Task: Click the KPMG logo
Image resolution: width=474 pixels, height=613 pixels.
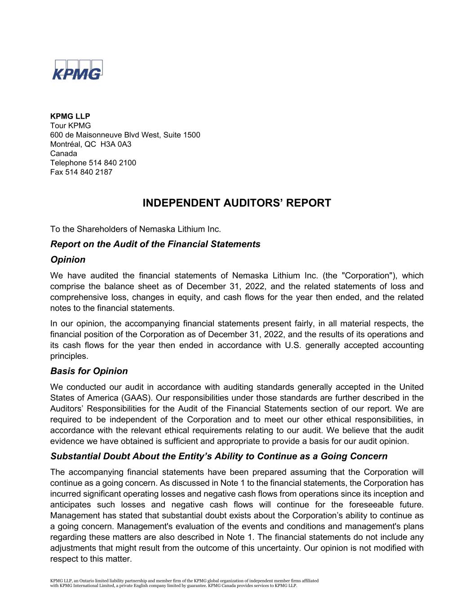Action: point(77,70)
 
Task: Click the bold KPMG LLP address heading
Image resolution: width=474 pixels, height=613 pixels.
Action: point(70,116)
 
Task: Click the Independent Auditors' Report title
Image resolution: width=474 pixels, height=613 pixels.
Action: point(237,203)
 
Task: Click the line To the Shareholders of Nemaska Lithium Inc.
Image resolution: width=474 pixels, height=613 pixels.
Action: point(136,229)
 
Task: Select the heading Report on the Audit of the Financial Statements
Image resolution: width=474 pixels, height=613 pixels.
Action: point(155,244)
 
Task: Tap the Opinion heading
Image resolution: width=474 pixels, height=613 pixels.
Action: point(68,260)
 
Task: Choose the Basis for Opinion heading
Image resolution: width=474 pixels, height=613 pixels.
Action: point(89,371)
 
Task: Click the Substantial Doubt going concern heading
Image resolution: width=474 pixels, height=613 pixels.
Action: point(219,456)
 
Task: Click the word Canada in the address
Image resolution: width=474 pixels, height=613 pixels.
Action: point(63,154)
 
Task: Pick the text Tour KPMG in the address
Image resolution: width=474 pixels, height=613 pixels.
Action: point(71,125)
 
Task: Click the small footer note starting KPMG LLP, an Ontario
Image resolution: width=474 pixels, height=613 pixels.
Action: point(184,583)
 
